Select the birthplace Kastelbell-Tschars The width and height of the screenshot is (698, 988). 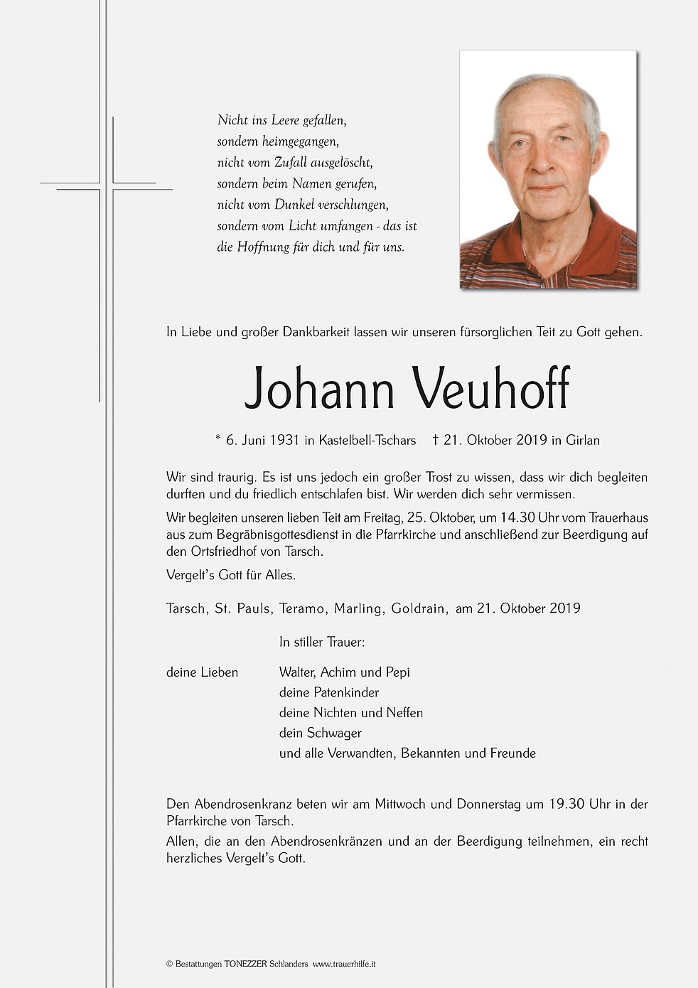pyautogui.click(x=367, y=441)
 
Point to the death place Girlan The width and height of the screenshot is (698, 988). pyautogui.click(x=583, y=441)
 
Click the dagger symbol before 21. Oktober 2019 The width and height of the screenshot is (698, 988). pyautogui.click(x=435, y=440)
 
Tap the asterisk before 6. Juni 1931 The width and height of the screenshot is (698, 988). pyautogui.click(x=218, y=439)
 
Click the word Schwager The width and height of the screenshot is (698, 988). pyautogui.click(x=335, y=734)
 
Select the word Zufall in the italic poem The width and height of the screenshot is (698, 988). pyautogui.click(x=291, y=163)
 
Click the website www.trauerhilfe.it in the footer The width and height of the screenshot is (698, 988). pyautogui.click(x=344, y=965)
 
